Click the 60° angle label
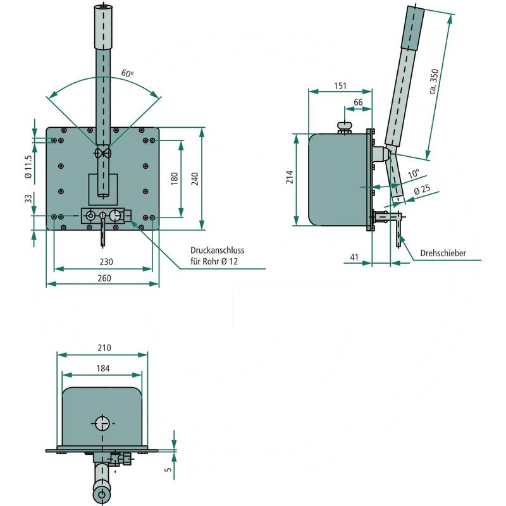128,74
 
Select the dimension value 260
104,279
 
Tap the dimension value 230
106,262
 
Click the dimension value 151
340,86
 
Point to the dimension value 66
358,102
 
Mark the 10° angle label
413,173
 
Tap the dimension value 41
354,257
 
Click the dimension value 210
104,348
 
